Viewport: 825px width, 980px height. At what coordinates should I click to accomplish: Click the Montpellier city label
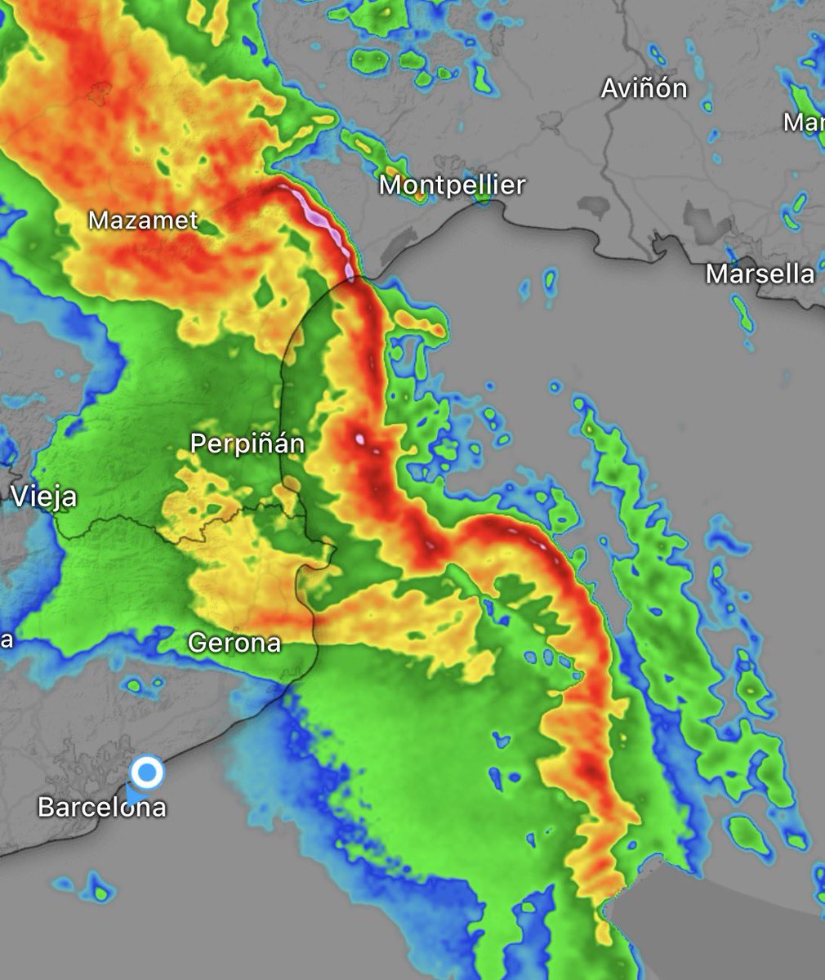point(452,185)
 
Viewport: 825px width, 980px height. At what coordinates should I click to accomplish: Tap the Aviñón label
point(644,88)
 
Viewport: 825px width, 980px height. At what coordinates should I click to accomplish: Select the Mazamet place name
point(143,220)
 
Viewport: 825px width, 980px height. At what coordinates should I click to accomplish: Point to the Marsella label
point(760,274)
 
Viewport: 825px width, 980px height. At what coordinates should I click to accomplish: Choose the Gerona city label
point(234,643)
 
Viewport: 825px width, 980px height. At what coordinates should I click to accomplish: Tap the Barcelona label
point(102,807)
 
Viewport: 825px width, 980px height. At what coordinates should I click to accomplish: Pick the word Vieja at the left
point(44,497)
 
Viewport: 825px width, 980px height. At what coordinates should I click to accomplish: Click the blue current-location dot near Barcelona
point(147,772)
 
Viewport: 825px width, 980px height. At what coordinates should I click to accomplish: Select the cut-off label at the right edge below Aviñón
point(804,122)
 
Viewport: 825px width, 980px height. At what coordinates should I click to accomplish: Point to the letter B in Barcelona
point(46,807)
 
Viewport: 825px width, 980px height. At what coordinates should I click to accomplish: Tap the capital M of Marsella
point(716,274)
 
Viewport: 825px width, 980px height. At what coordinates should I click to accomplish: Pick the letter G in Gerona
point(197,643)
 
